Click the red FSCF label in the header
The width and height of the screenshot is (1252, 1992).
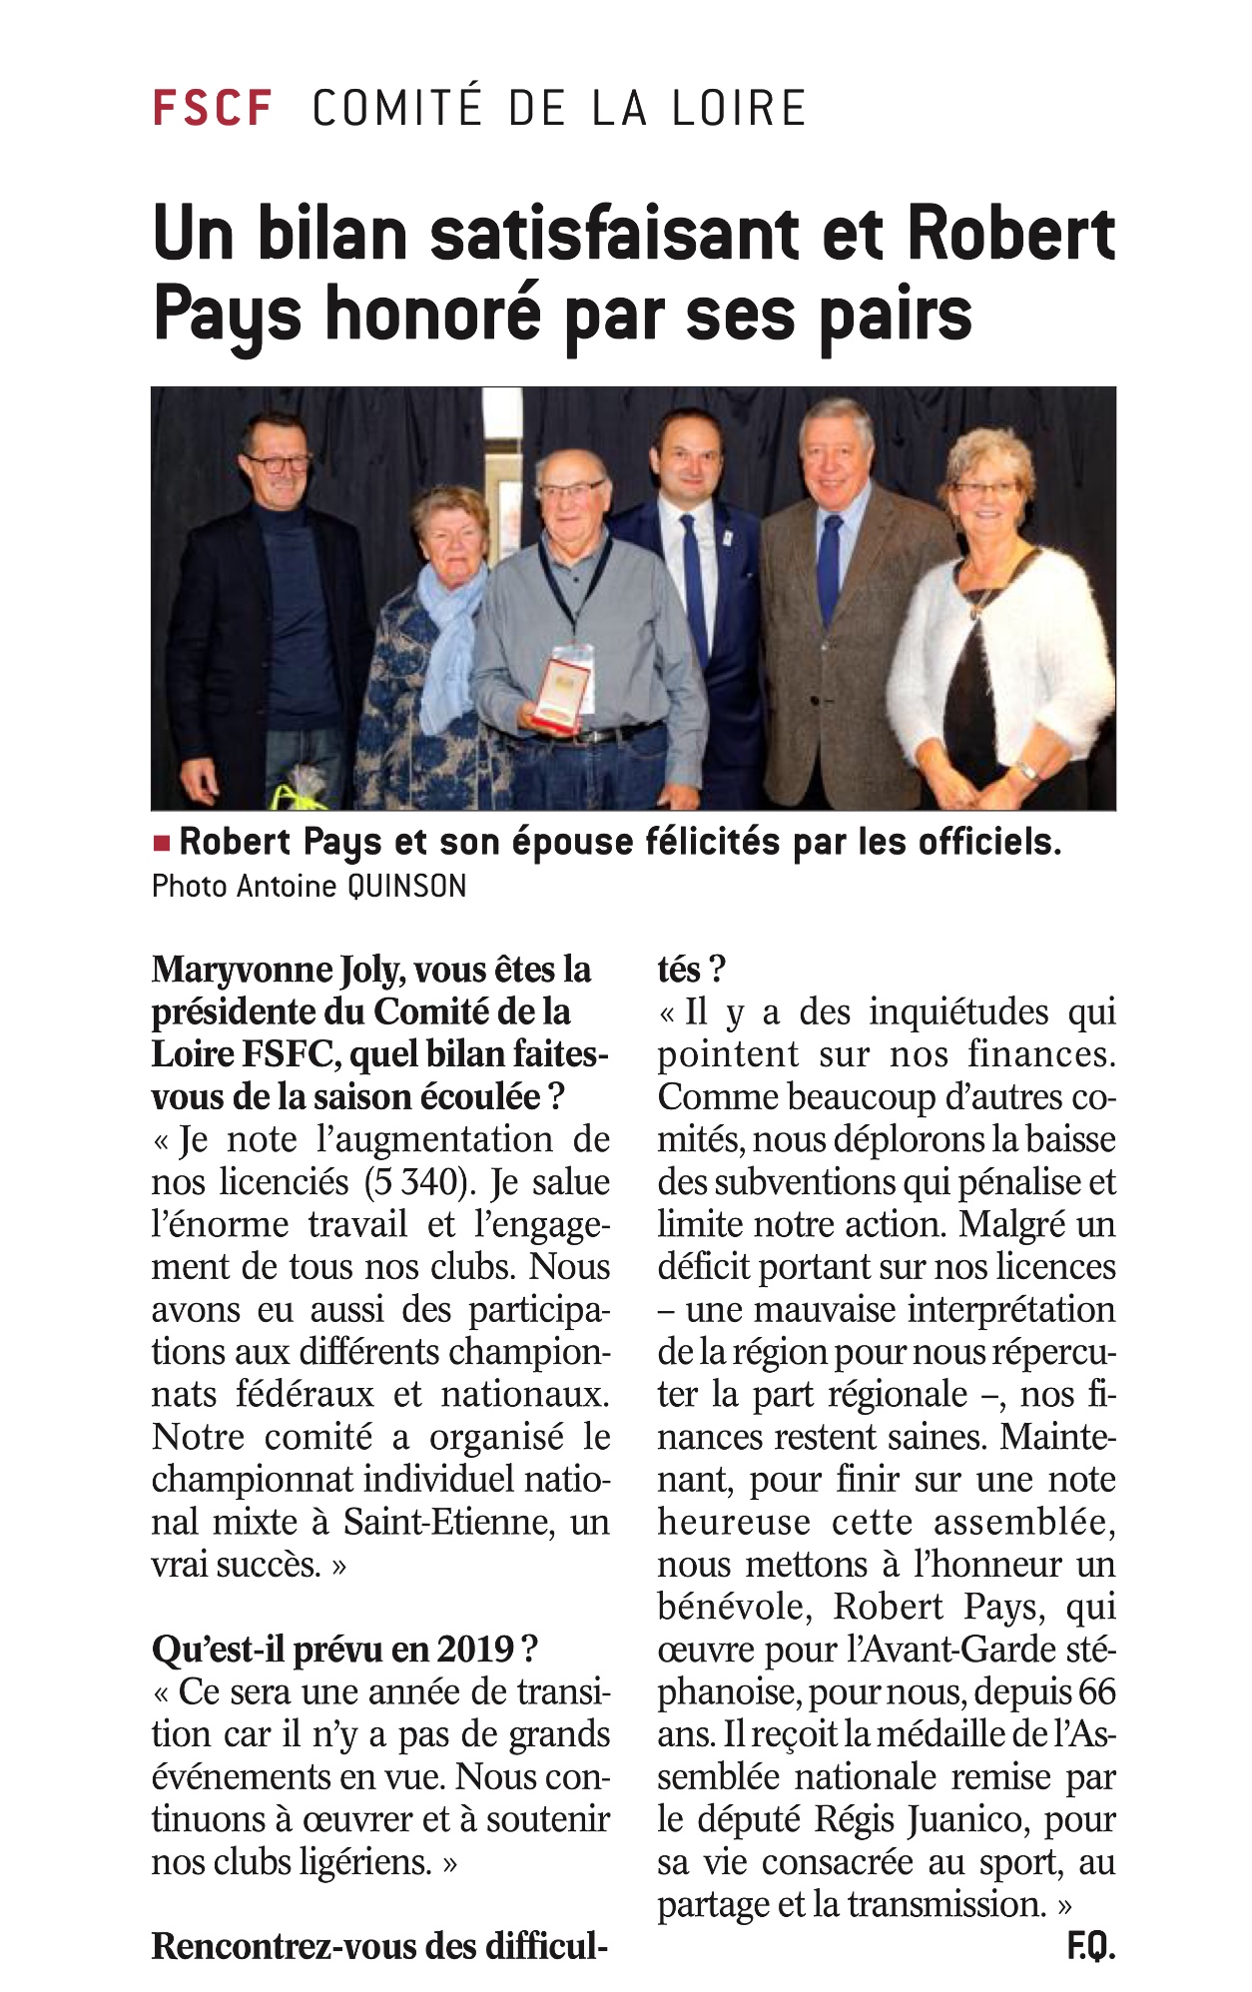pyautogui.click(x=212, y=108)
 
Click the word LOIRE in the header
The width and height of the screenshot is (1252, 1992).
pyautogui.click(x=738, y=108)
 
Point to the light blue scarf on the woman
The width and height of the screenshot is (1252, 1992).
pyautogui.click(x=447, y=639)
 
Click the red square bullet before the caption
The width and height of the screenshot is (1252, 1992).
pyautogui.click(x=161, y=843)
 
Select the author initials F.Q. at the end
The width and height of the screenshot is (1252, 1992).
pyautogui.click(x=1090, y=1947)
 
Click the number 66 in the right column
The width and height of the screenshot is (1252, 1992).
pyautogui.click(x=1096, y=1692)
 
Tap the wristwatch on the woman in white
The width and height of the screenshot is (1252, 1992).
pyautogui.click(x=1025, y=770)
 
